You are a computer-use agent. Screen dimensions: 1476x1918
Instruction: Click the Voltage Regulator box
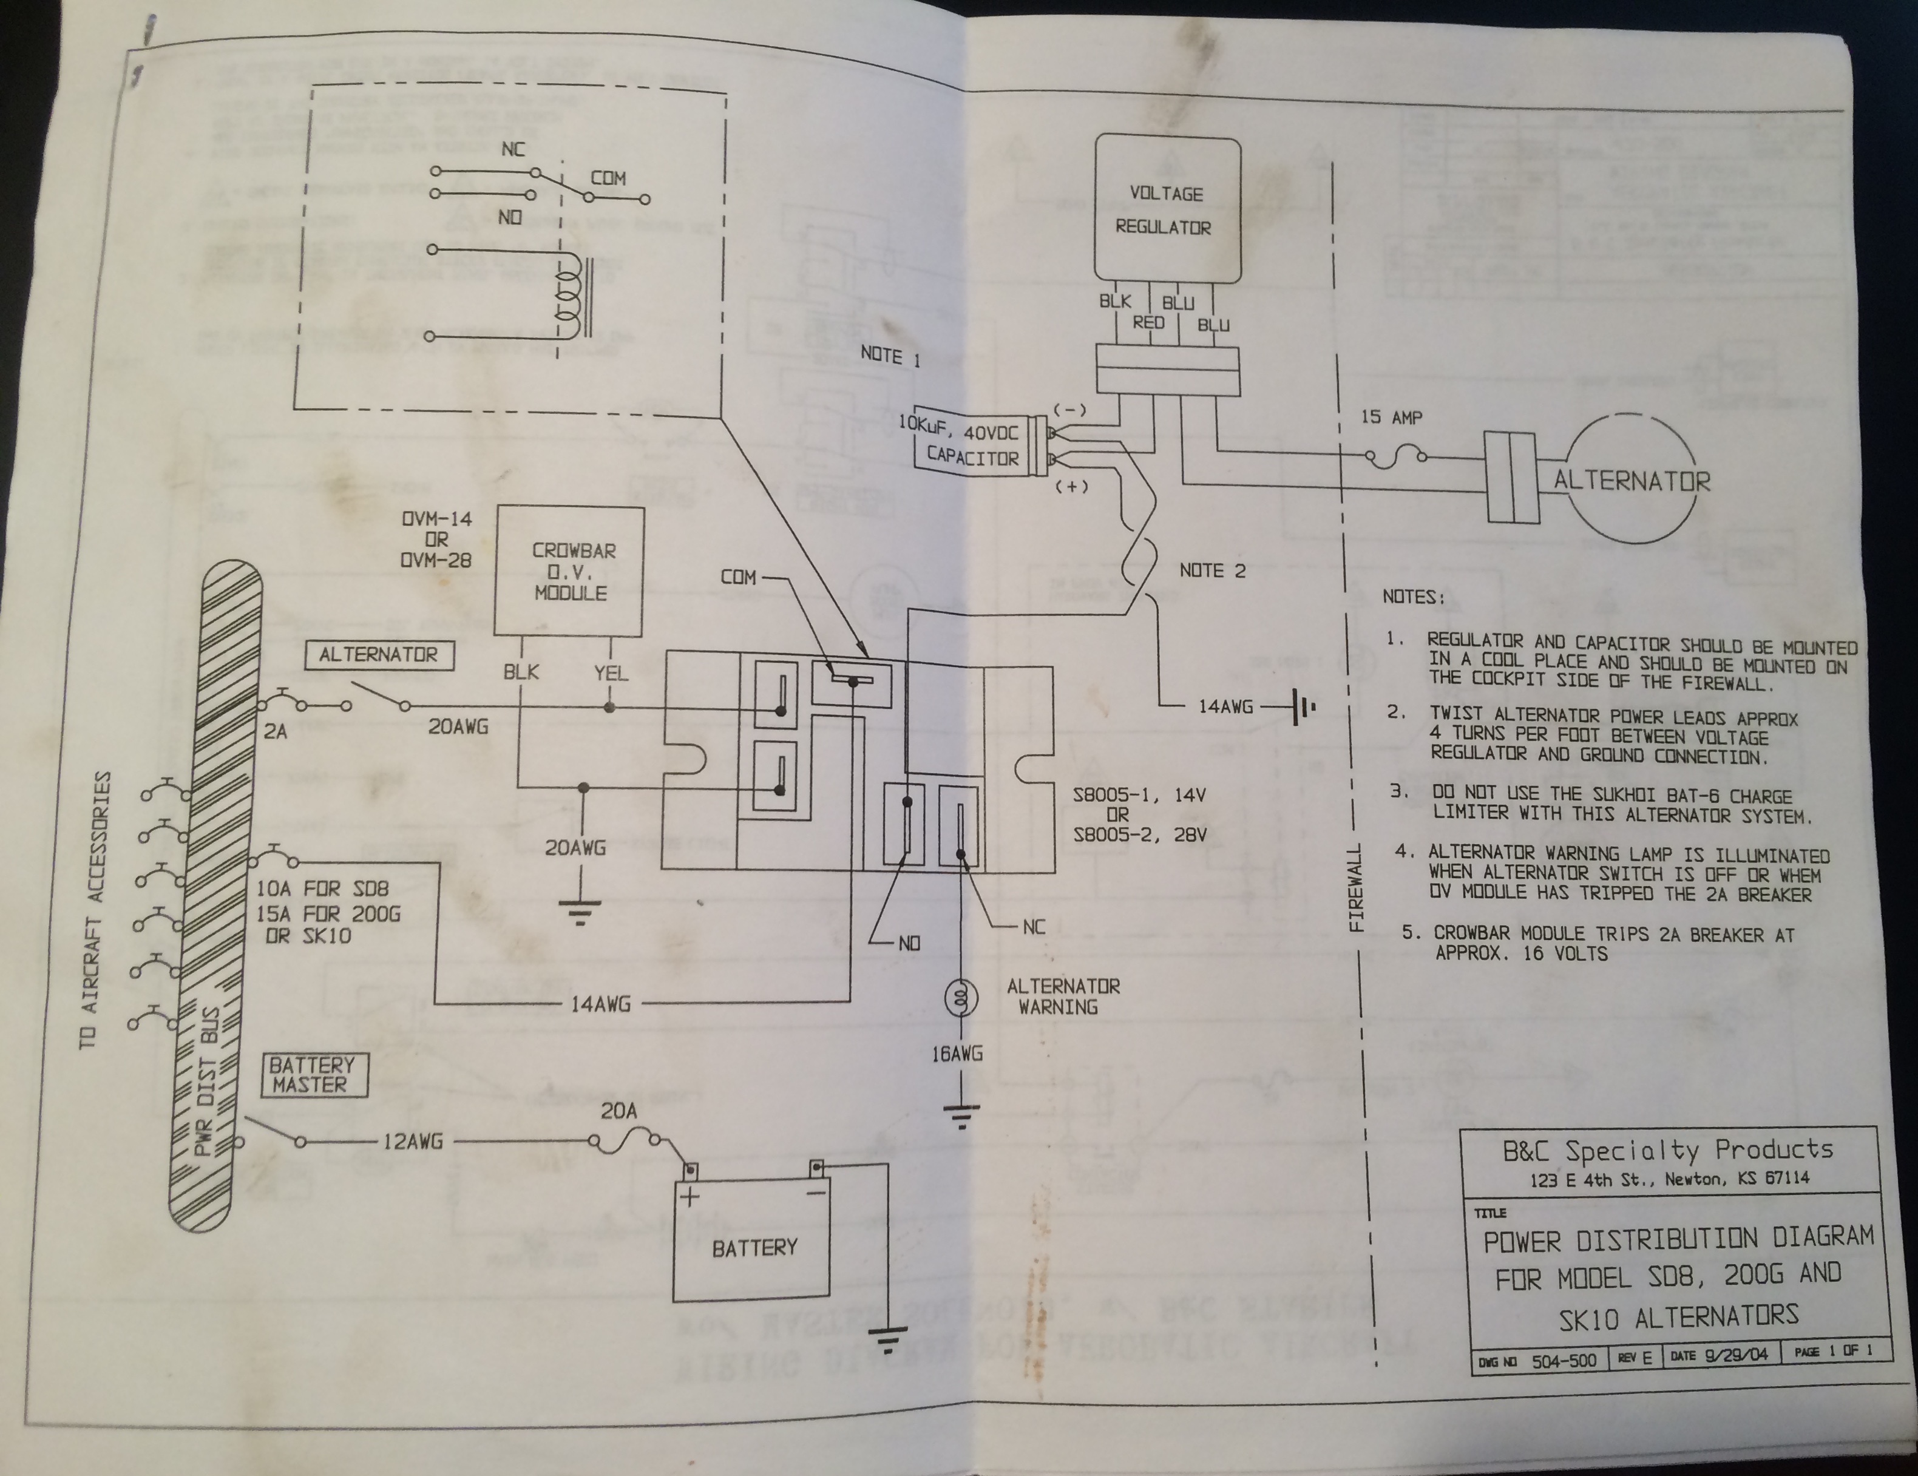[x=1166, y=209]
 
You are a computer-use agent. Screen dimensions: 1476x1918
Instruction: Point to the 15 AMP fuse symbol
[x=1395, y=456]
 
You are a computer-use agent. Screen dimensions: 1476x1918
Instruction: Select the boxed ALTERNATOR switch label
[x=379, y=655]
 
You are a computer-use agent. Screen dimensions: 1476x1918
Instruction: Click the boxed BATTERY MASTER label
[x=313, y=1075]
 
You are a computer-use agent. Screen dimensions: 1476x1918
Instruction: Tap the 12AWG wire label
[x=413, y=1142]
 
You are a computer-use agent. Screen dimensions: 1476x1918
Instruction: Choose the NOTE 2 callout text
[x=1212, y=570]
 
